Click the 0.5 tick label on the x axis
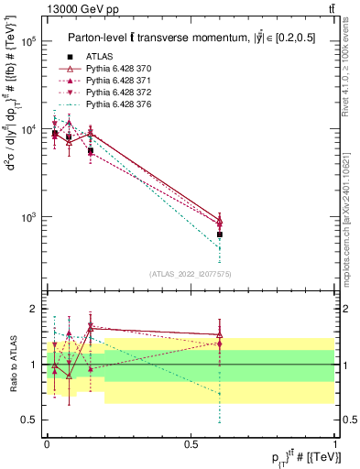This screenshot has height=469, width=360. click(x=191, y=443)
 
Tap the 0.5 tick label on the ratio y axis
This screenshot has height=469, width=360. click(x=29, y=420)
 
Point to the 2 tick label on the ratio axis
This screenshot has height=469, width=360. click(x=34, y=309)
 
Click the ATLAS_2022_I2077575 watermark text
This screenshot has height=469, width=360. click(x=191, y=274)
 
